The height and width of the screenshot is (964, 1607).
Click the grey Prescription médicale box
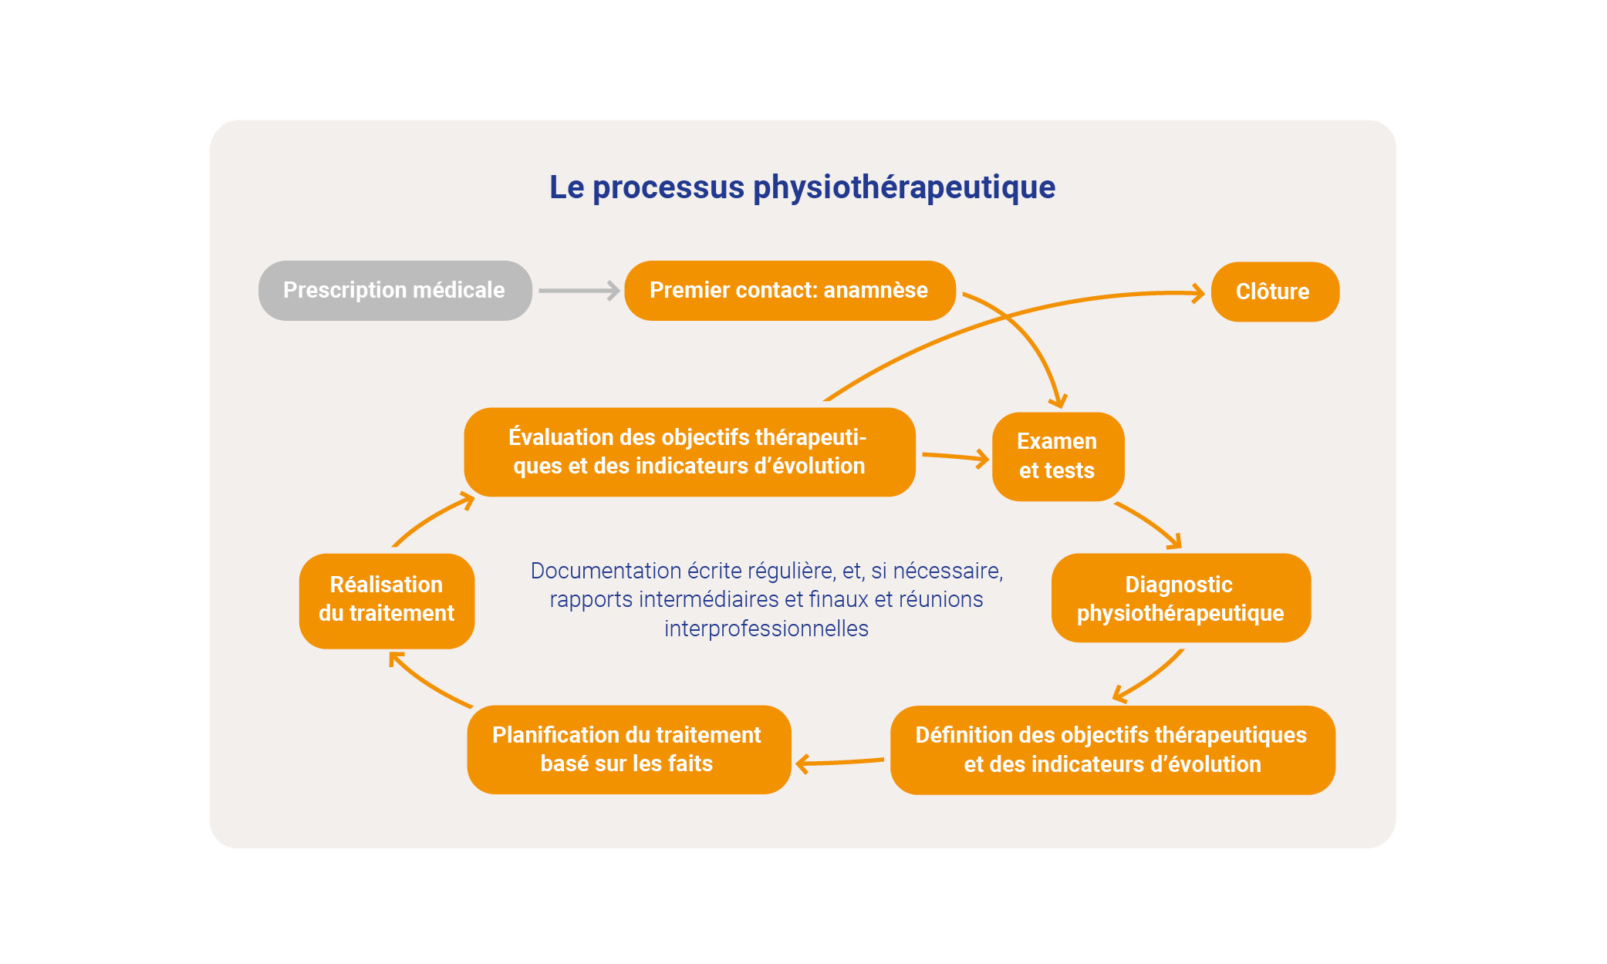(395, 291)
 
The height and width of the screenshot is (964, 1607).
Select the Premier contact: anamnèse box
(789, 291)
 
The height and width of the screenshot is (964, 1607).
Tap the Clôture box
(1274, 292)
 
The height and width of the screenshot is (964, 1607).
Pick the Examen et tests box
(1057, 456)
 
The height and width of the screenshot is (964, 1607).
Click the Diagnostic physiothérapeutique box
(1180, 598)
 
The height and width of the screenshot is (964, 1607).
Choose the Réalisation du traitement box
(387, 600)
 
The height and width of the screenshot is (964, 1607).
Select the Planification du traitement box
(628, 749)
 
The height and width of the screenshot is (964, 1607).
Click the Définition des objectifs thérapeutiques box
(1112, 750)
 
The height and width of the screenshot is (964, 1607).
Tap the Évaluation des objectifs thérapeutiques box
(689, 452)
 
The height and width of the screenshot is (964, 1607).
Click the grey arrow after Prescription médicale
(579, 291)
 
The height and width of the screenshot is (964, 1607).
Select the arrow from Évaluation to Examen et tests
(955, 457)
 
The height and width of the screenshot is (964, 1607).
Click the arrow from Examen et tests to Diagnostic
(1150, 523)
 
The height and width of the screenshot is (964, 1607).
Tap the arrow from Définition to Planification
(839, 762)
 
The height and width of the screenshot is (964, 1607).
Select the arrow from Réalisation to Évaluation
(432, 519)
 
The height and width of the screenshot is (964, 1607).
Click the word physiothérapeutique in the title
(903, 187)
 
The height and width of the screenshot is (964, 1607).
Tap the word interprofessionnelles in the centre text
(766, 629)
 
